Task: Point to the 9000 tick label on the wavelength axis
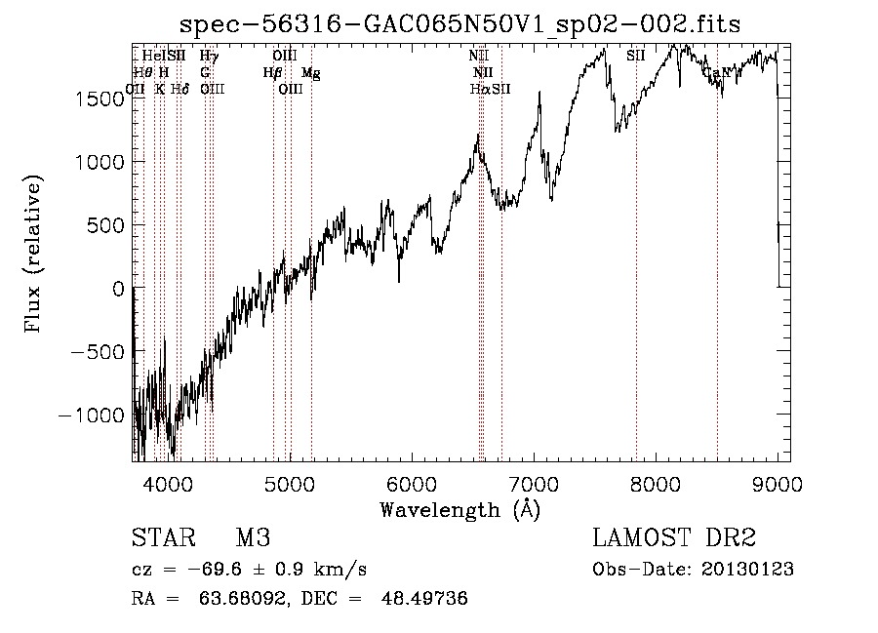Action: [778, 484]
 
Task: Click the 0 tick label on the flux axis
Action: [117, 289]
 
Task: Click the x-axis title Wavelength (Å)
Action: [459, 509]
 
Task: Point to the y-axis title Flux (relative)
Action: [34, 255]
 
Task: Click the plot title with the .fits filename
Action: [460, 23]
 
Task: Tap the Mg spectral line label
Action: [310, 72]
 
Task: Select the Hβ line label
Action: [272, 72]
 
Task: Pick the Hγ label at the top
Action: [209, 57]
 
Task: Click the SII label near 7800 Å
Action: [636, 57]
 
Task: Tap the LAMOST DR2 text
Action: [674, 538]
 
